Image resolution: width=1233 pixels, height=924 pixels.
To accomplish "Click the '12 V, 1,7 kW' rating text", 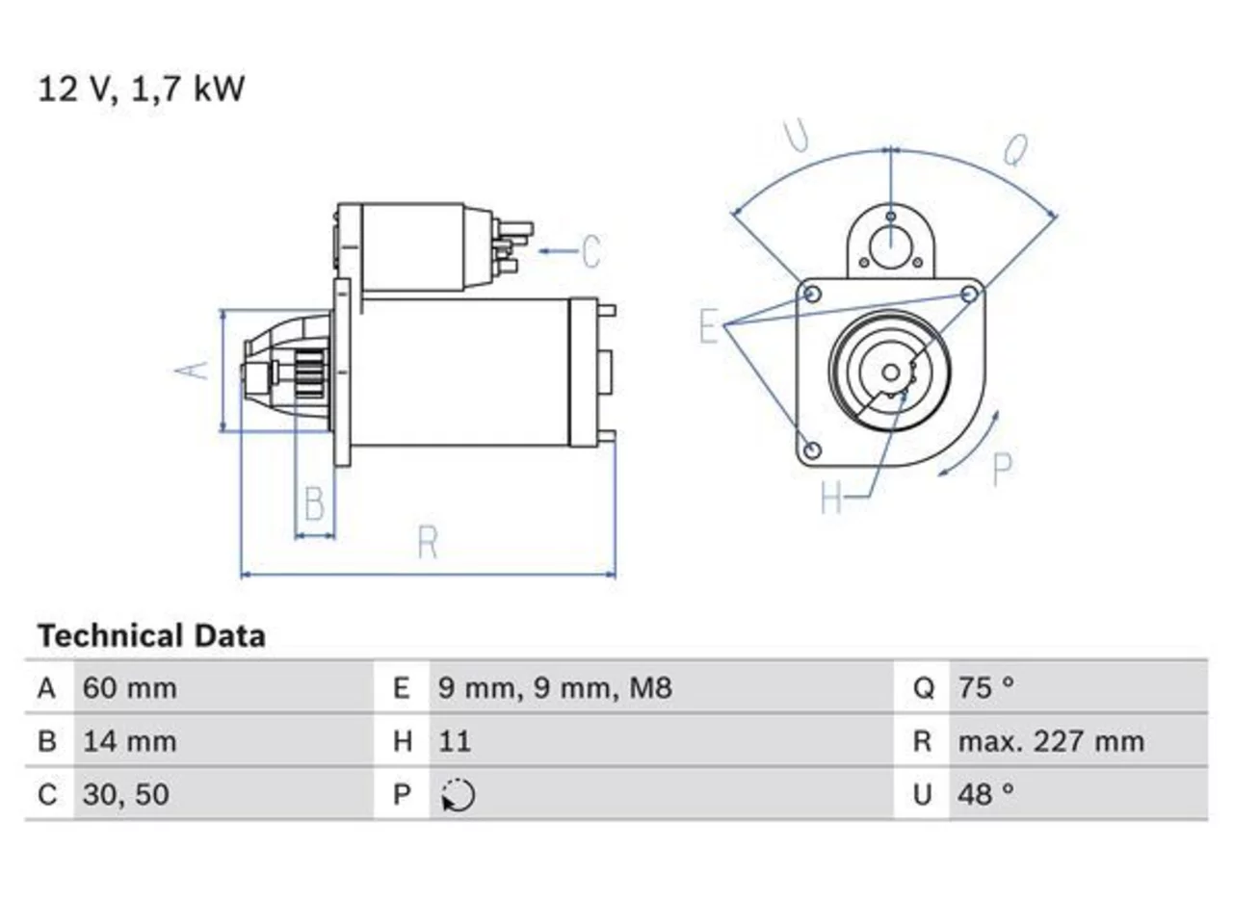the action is [x=141, y=90].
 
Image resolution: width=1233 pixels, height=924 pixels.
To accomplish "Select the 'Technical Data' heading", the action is [x=151, y=635].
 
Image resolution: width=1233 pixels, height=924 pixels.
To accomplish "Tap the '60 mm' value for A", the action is [x=130, y=688].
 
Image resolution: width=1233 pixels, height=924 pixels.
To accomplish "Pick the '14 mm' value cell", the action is [x=130, y=741].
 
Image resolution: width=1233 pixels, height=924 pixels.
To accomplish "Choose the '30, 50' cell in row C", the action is [x=126, y=794].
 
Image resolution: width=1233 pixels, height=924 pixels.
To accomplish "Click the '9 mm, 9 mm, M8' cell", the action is [x=555, y=688].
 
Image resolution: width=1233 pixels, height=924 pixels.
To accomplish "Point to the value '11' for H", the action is [x=455, y=741].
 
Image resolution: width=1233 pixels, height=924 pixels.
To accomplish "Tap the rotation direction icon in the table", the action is [x=458, y=795].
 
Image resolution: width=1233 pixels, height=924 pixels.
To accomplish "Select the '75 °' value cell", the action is [x=986, y=688].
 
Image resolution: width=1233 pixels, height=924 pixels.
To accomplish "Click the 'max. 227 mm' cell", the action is [x=1051, y=741].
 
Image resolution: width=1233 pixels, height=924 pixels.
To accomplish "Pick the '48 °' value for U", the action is [x=986, y=794].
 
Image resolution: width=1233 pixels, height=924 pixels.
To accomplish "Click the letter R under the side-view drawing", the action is [x=428, y=542].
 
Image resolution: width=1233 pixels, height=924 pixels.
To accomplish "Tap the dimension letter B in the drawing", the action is [x=315, y=503].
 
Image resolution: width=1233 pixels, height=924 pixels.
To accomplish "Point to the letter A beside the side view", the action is [x=192, y=370].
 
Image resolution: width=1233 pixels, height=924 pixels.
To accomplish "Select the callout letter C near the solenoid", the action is [x=591, y=251].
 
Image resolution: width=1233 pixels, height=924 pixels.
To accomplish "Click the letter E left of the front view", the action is [x=709, y=325].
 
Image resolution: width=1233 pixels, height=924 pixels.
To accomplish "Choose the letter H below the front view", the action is [x=831, y=497].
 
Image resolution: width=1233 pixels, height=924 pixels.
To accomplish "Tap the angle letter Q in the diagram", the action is [x=1015, y=150].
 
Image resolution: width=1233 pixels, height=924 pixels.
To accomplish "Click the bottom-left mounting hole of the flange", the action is [x=812, y=449].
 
